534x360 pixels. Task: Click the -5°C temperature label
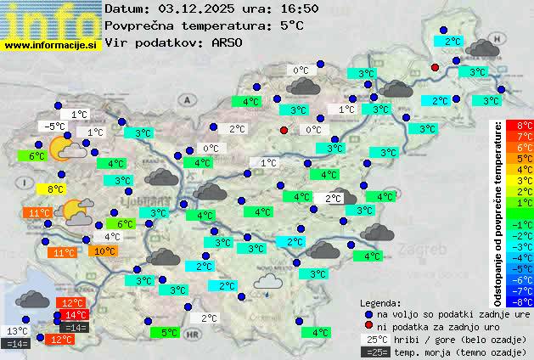[55, 127]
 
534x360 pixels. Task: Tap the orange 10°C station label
[104, 251]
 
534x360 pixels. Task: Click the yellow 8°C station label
[56, 188]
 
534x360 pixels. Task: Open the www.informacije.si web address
[50, 44]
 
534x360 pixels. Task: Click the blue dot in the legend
[368, 314]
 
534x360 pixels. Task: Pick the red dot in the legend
[368, 326]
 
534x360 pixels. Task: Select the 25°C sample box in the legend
[374, 339]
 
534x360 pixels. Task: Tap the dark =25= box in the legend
[374, 352]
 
